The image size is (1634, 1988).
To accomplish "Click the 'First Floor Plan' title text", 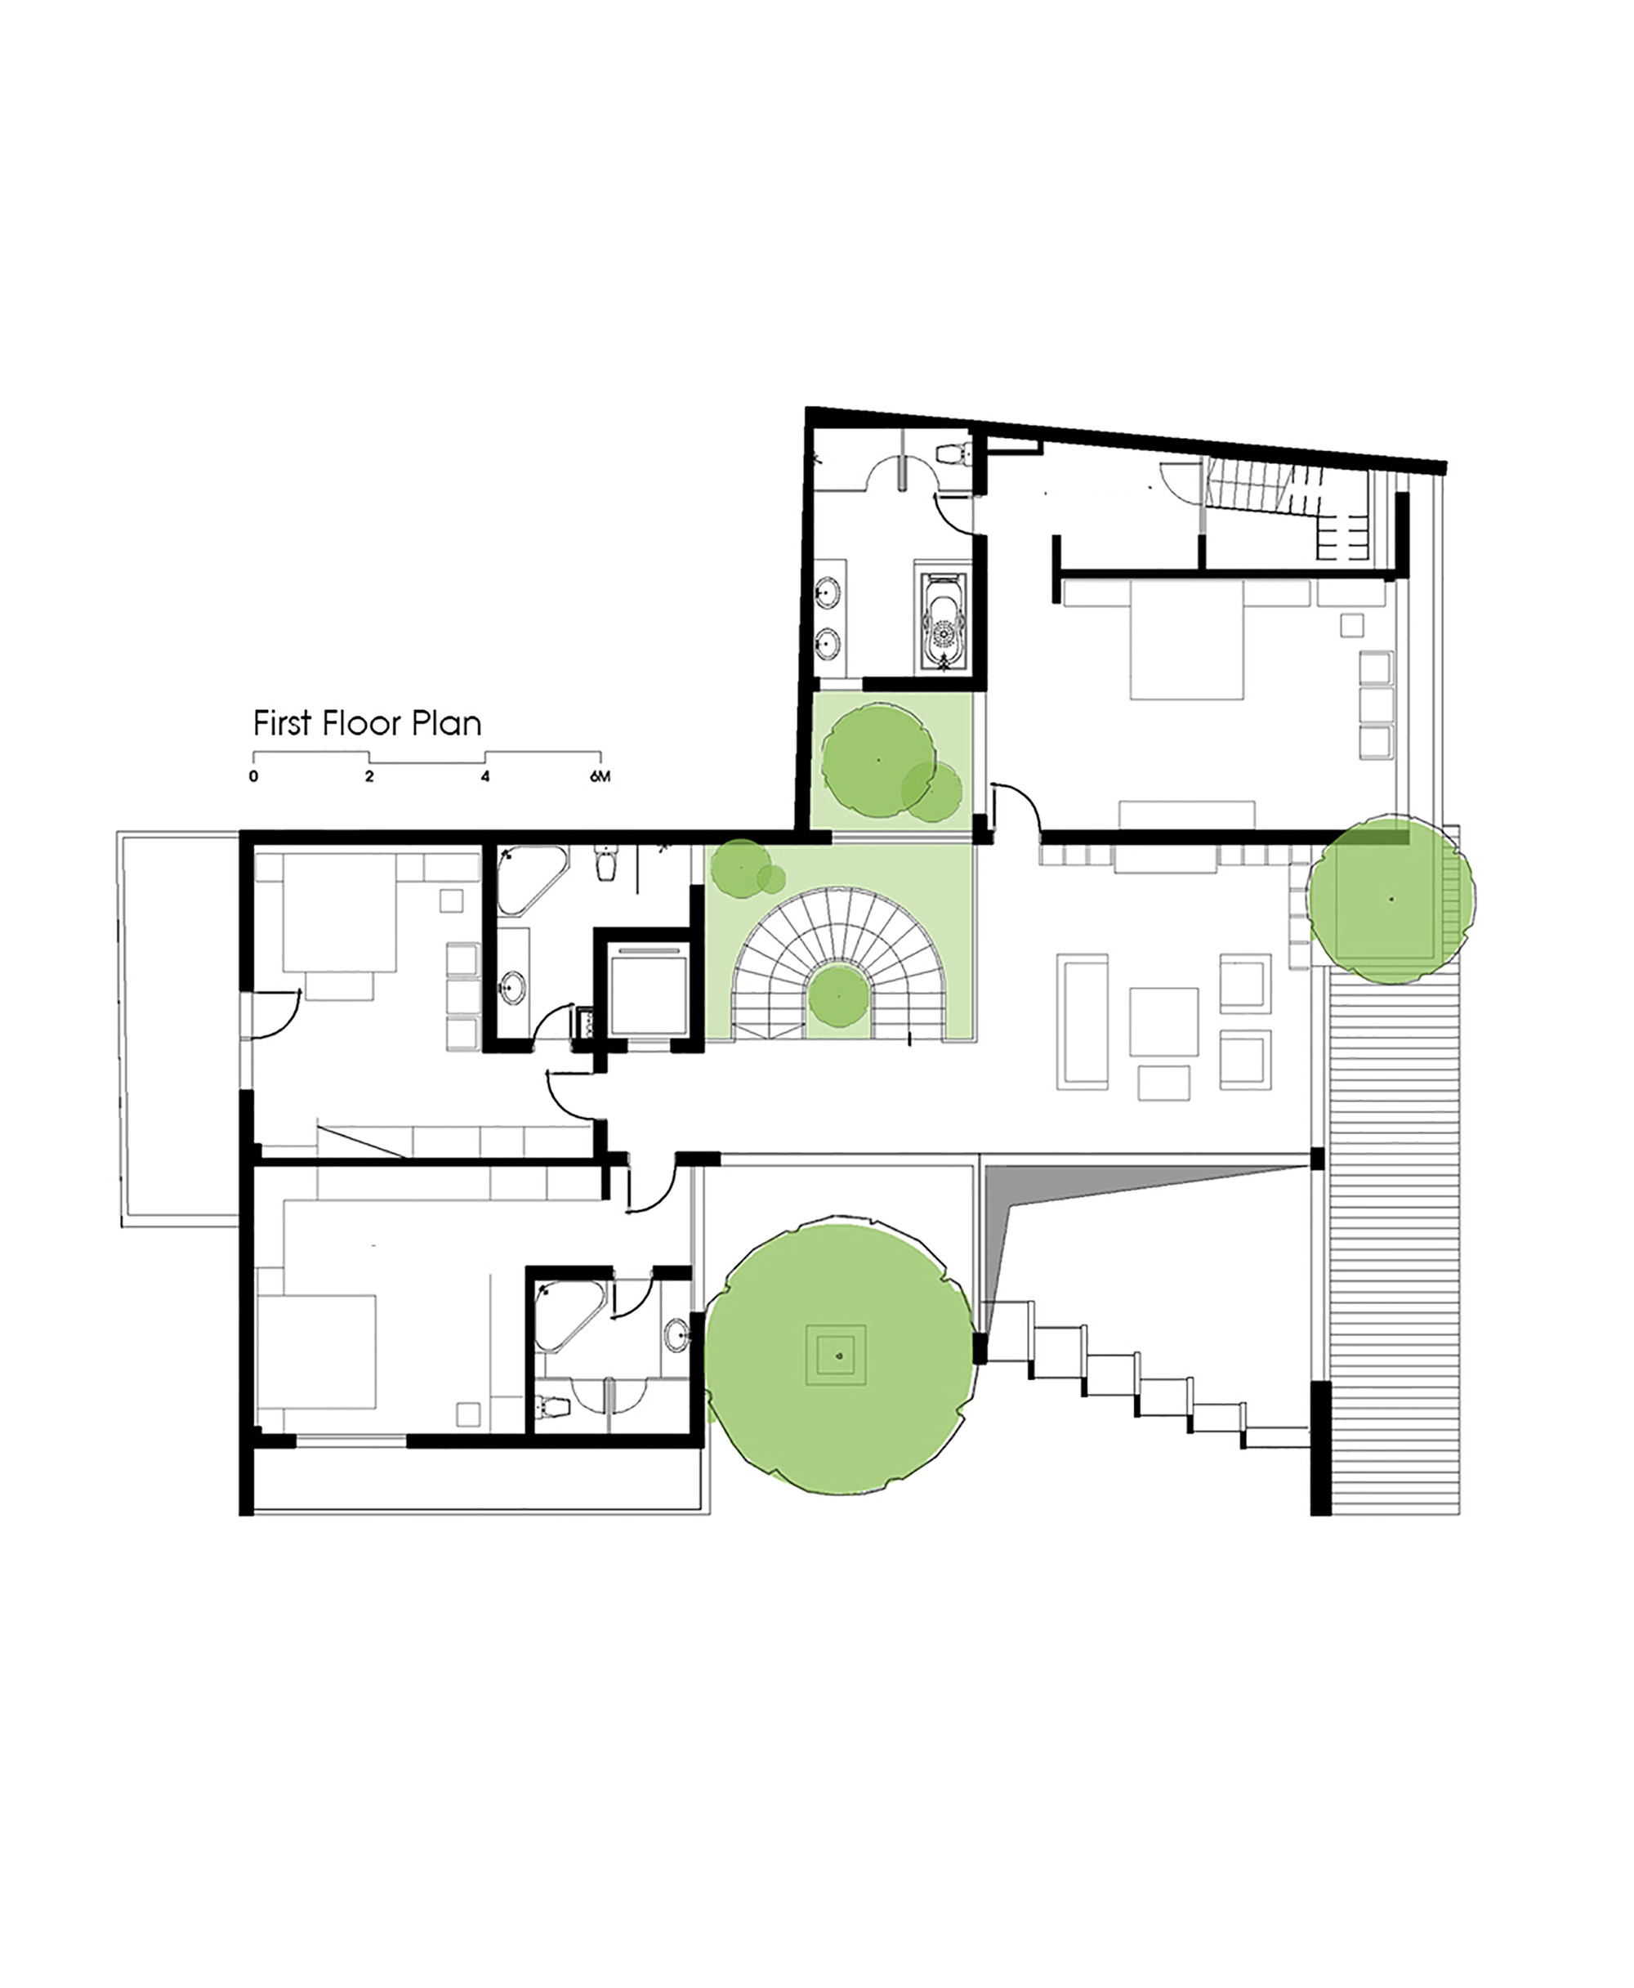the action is [x=367, y=724].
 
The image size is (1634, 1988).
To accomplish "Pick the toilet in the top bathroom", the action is [x=953, y=453].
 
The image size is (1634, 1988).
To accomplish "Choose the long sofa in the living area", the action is [x=1083, y=1022].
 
